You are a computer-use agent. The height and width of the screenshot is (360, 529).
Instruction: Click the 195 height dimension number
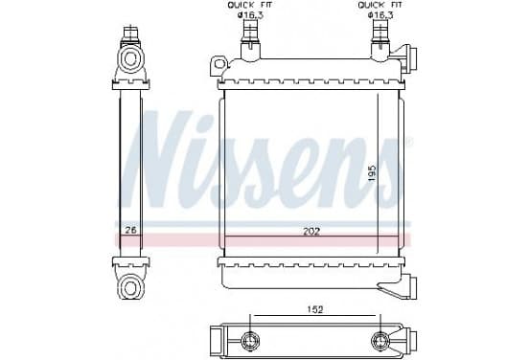(x=372, y=173)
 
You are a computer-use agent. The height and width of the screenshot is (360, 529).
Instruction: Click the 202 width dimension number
(x=311, y=232)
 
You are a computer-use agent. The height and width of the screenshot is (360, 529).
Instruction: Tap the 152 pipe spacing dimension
(x=315, y=309)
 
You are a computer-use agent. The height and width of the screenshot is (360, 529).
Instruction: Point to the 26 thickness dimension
(x=130, y=231)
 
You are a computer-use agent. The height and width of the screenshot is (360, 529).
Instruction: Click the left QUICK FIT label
(x=250, y=5)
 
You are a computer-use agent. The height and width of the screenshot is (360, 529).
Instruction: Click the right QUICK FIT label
(x=380, y=5)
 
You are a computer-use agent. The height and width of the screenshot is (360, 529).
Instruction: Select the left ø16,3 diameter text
(x=250, y=15)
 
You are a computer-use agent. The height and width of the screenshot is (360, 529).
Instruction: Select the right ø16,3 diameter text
(x=380, y=15)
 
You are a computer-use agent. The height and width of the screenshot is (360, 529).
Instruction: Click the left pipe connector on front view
(x=250, y=40)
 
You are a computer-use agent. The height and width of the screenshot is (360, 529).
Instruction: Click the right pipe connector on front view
(x=380, y=40)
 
